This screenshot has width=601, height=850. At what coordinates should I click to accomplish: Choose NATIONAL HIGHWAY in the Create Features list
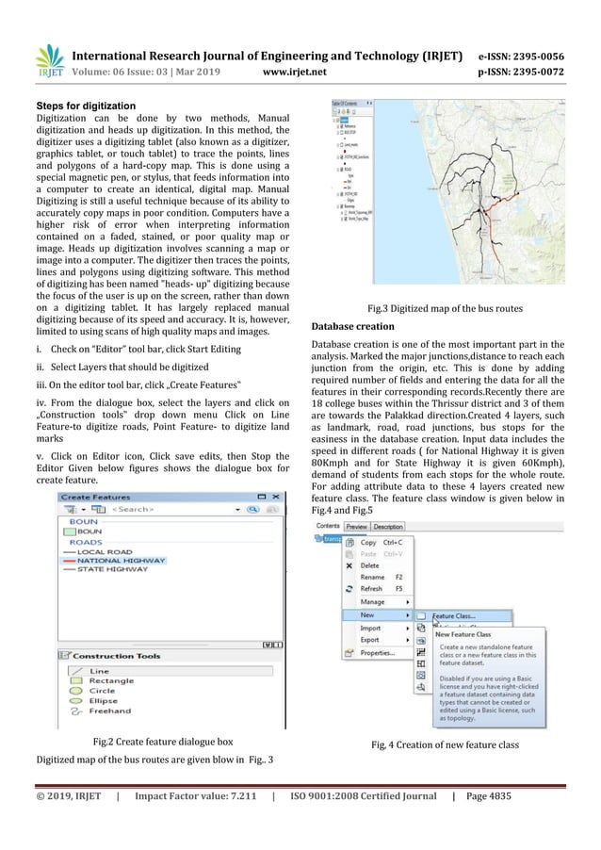[x=121, y=560]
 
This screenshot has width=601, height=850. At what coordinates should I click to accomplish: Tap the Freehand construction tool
[x=110, y=711]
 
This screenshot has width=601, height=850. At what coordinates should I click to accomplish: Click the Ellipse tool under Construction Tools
[x=104, y=700]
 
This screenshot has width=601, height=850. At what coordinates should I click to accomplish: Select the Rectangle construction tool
[x=111, y=680]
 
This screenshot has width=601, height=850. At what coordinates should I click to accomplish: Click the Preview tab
[x=356, y=526]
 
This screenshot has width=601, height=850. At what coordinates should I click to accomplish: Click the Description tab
[x=388, y=526]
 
